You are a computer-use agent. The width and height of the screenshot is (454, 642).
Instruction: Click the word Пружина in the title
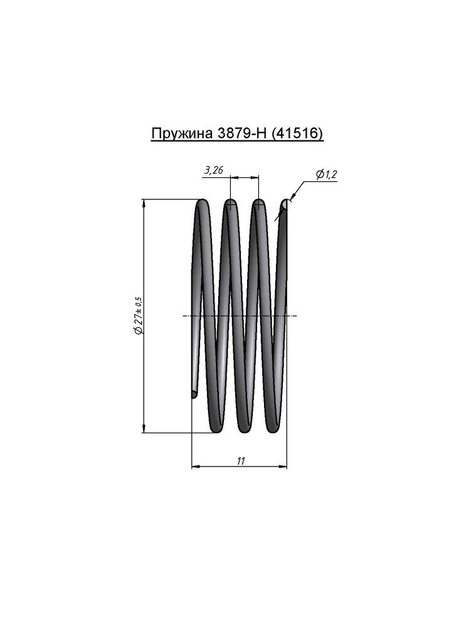pyautogui.click(x=181, y=134)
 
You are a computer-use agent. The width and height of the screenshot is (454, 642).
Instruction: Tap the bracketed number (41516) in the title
pyautogui.click(x=297, y=134)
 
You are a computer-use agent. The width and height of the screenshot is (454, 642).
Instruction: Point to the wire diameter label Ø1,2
pyautogui.click(x=326, y=174)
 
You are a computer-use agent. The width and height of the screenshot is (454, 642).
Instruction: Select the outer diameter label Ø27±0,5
pyautogui.click(x=139, y=316)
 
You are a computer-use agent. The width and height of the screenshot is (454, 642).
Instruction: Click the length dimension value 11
pyautogui.click(x=241, y=461)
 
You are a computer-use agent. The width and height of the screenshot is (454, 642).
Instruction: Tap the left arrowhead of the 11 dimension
pyautogui.click(x=196, y=466)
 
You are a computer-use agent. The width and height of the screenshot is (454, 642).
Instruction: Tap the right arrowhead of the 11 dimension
pyautogui.click(x=283, y=466)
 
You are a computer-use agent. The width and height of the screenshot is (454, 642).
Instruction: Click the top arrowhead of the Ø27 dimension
pyautogui.click(x=143, y=203)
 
